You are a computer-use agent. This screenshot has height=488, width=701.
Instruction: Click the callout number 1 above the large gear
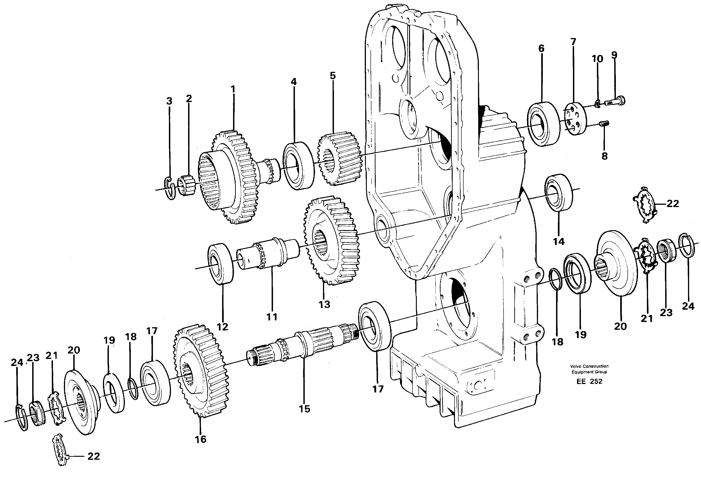coord(233,89)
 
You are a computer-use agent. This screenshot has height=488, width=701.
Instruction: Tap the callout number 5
coord(333,76)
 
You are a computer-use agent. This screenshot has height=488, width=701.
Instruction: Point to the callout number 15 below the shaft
coord(305,409)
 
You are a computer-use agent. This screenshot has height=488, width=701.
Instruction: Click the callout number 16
coord(201,439)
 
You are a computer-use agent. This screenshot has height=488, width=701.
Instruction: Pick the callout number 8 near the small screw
coord(604,156)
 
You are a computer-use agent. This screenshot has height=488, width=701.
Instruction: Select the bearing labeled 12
coord(221,264)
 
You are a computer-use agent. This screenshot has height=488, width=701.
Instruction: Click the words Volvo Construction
coord(589,366)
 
